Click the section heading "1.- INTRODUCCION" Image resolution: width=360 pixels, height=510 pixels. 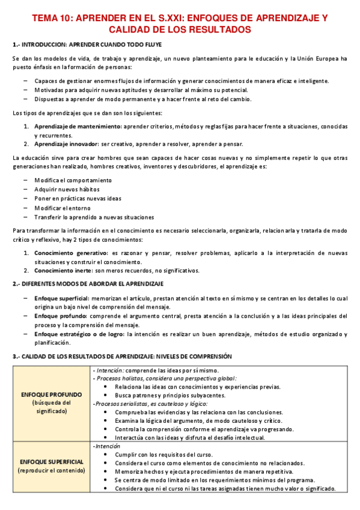(39, 45)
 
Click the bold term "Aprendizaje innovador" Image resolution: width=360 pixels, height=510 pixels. (67, 144)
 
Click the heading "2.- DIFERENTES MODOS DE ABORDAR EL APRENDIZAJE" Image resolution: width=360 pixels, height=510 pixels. (88, 283)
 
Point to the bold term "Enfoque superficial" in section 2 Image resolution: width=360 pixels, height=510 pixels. (61, 298)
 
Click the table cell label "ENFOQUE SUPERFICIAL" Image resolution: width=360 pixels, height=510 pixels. (52, 461)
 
